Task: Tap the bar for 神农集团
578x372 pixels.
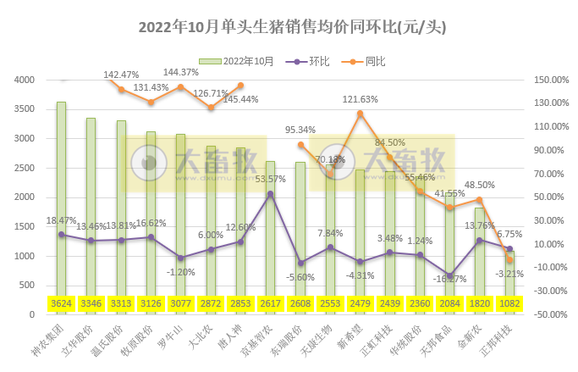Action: point(61,203)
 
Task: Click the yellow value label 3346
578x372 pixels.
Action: point(91,303)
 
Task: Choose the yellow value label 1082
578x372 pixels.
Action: point(509,303)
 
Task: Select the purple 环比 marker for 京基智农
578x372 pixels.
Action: point(270,194)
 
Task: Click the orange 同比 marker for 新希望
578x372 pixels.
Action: point(360,113)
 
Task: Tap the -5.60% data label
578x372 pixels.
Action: point(300,277)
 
